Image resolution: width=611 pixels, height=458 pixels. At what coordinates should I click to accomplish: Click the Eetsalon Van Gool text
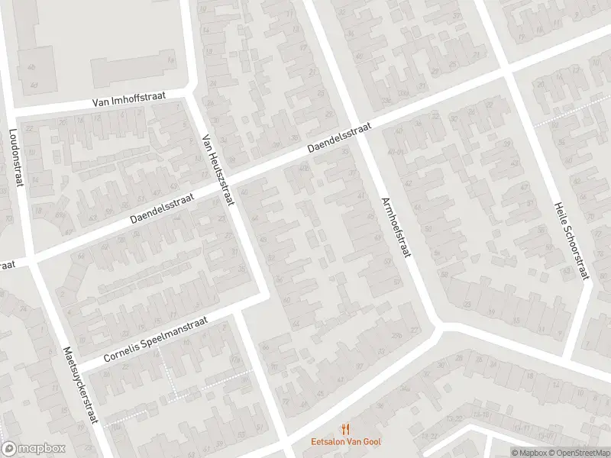click(346, 441)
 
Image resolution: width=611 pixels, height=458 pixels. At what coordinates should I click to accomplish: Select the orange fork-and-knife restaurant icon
click(346, 429)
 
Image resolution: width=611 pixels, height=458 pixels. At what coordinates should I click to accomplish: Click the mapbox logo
click(34, 449)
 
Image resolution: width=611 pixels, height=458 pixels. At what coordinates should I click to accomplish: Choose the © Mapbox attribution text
click(530, 453)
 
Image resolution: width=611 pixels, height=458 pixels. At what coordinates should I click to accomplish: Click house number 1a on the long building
click(170, 61)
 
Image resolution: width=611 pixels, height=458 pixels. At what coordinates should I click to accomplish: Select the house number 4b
click(31, 67)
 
